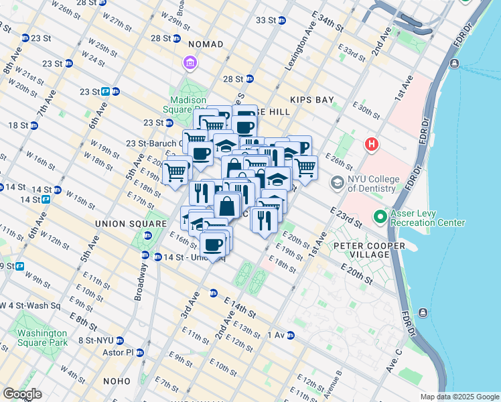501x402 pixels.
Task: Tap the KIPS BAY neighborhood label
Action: tap(311, 100)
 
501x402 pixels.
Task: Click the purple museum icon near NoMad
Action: tap(190, 64)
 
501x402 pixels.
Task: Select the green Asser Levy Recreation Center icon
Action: tap(380, 217)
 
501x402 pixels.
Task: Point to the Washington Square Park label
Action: tap(42, 338)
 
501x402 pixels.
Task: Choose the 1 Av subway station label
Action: tap(277, 334)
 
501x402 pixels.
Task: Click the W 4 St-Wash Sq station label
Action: tap(30, 306)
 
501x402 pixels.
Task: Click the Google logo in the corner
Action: tap(22, 394)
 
